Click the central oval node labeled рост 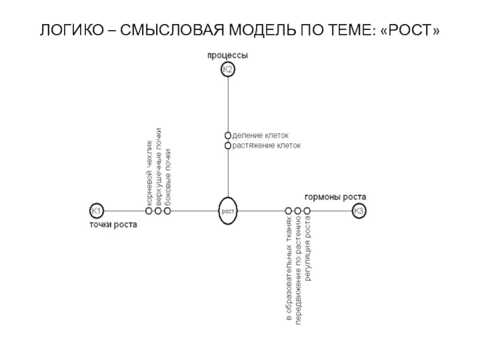228,211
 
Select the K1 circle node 97,211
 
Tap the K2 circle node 228,71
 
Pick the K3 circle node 359,211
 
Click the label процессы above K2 228,56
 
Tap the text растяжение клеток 266,146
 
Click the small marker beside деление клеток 228,136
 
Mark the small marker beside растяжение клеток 228,146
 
